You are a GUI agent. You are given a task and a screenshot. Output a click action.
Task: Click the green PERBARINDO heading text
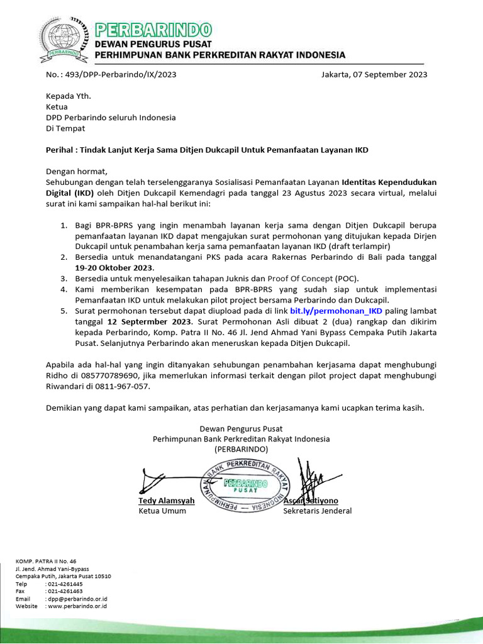coord(153,29)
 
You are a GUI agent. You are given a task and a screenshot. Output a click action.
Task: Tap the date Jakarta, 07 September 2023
coord(374,74)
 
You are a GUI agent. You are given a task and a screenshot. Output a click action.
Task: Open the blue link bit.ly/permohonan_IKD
coord(336,311)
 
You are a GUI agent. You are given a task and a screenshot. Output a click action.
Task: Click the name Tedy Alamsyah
coord(167,501)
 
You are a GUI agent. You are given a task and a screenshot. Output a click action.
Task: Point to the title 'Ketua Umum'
coord(162,511)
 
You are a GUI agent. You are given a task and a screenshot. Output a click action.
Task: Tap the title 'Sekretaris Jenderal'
coord(318,511)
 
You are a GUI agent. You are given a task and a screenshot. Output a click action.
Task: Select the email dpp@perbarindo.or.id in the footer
coord(76,599)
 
